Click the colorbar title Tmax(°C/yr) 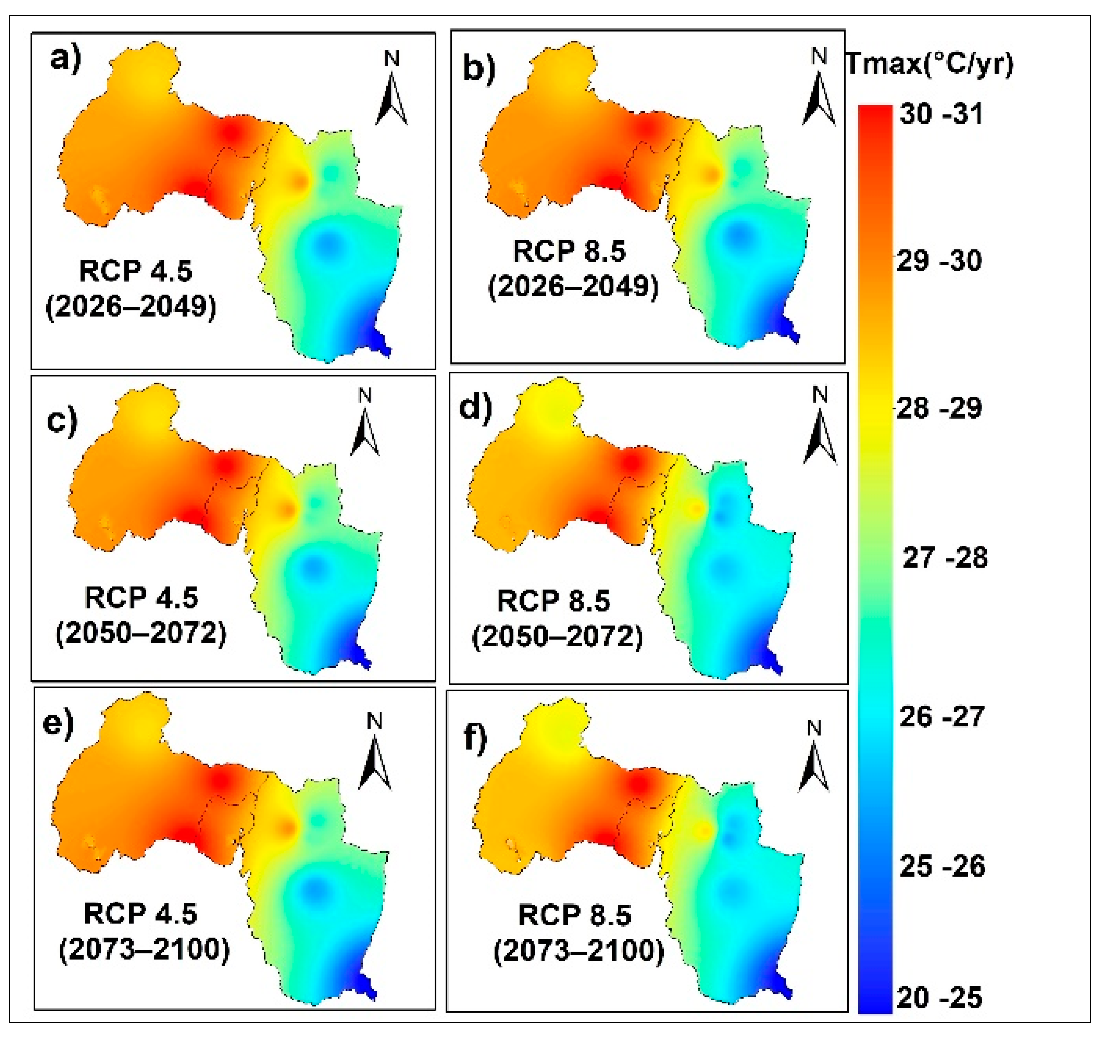click(x=929, y=64)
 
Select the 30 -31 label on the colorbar click(x=941, y=114)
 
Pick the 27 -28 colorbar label click(x=945, y=558)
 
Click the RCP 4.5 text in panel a click(x=135, y=271)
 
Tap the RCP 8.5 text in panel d click(x=554, y=601)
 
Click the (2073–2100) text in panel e click(x=144, y=950)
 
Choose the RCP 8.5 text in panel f click(x=575, y=916)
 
